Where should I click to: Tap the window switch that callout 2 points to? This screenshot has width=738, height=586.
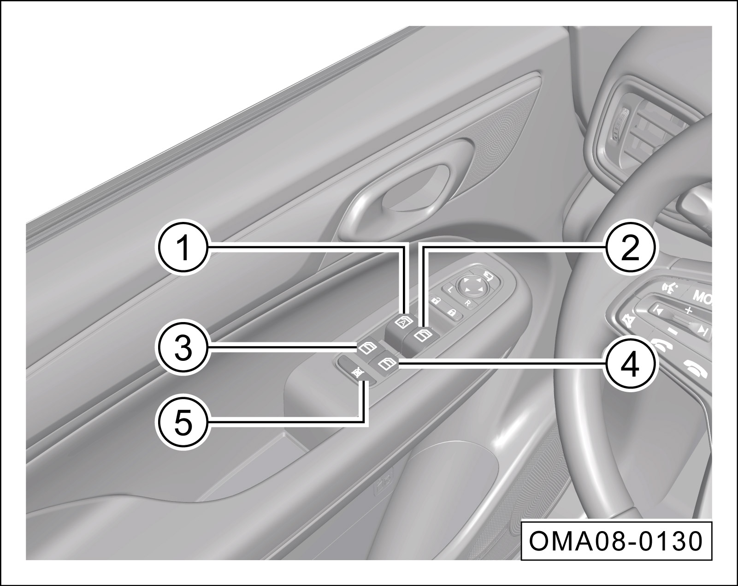pos(422,335)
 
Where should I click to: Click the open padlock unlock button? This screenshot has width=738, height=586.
pos(436,301)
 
